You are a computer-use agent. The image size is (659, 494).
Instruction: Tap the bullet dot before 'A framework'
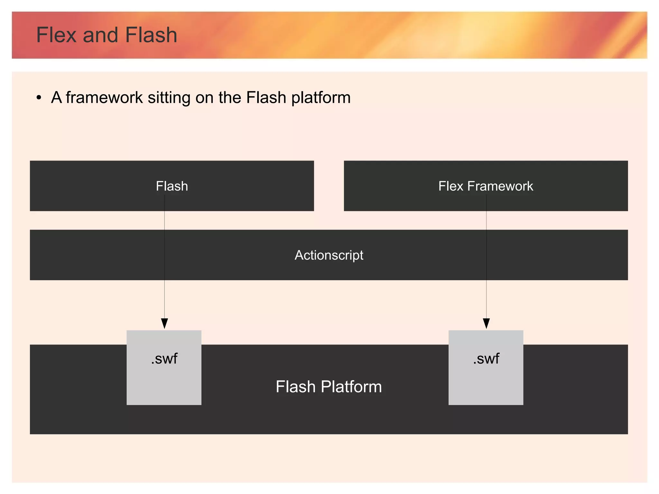click(39, 97)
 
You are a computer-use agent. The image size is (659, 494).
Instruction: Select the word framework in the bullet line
click(104, 97)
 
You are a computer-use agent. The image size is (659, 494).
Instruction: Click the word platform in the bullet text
click(321, 98)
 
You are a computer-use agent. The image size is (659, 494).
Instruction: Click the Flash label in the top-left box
click(172, 186)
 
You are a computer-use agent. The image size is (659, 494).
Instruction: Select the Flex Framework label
click(486, 186)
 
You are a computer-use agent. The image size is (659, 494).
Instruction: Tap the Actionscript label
click(329, 255)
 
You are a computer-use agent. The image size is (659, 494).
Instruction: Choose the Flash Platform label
click(329, 386)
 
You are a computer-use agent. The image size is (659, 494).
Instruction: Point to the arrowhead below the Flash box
click(164, 323)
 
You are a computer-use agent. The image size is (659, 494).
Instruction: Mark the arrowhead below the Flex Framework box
click(487, 323)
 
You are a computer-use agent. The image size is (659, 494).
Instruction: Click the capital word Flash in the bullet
click(266, 97)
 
